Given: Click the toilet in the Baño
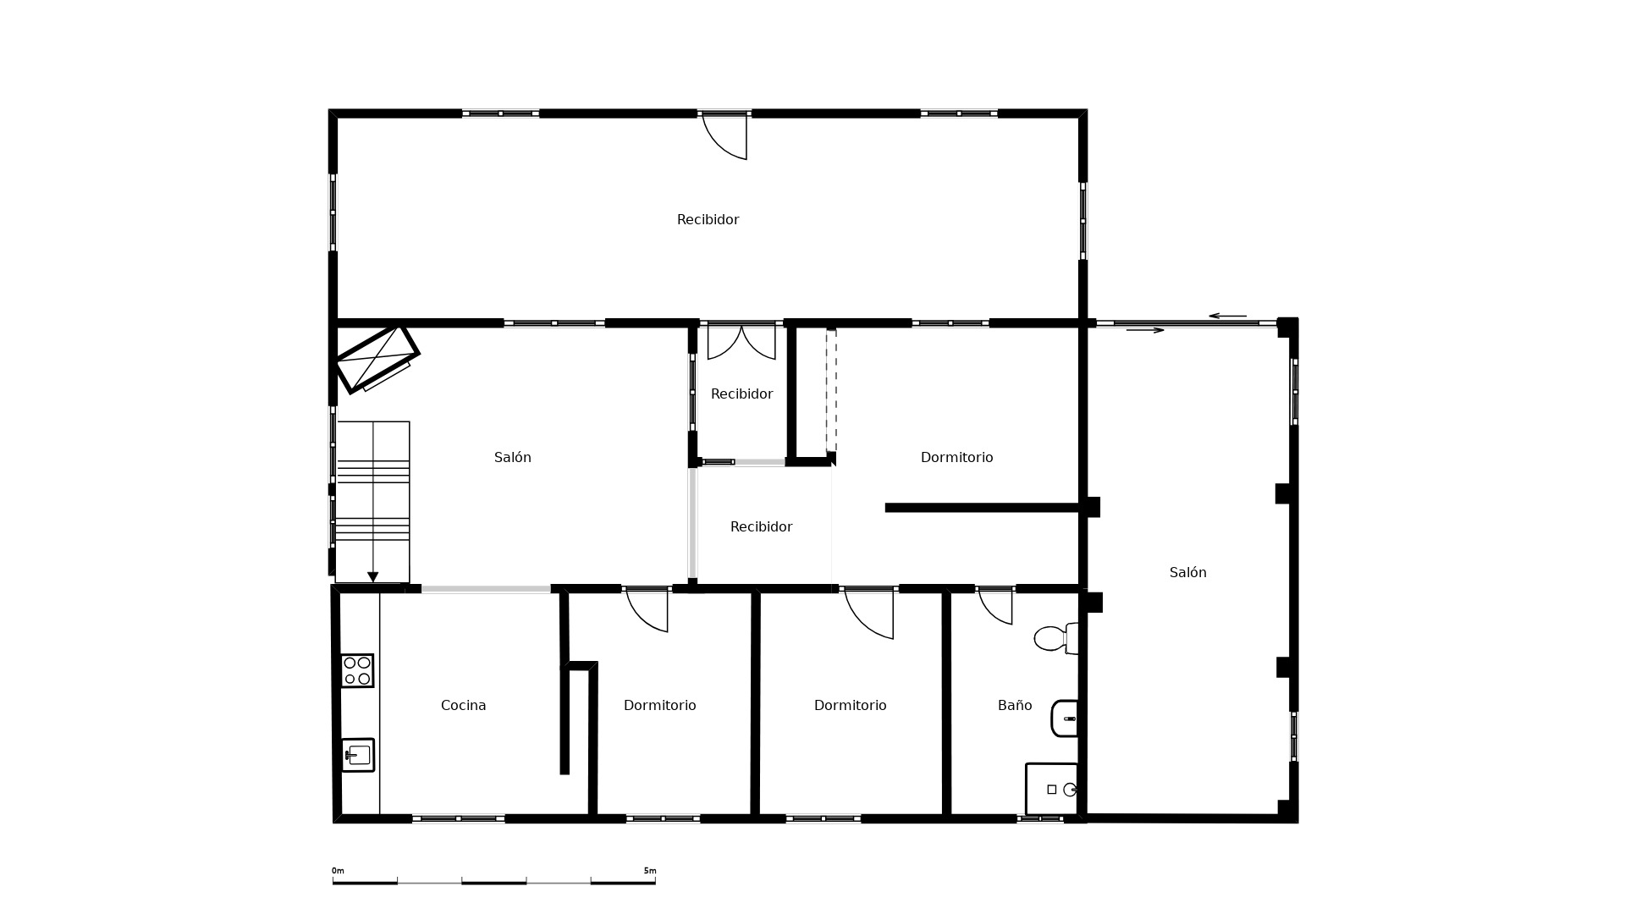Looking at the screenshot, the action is (x=1055, y=638).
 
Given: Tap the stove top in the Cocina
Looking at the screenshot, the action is (x=357, y=670).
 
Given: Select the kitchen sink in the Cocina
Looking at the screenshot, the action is (x=358, y=755).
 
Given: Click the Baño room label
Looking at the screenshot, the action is (x=1015, y=705).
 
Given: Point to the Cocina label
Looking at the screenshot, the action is (x=463, y=705).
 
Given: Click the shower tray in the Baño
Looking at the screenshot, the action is (x=1052, y=789).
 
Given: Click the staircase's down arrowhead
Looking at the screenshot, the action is (x=372, y=577).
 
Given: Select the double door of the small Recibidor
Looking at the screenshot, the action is (x=741, y=342).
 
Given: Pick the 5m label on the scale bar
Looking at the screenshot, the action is (x=650, y=871).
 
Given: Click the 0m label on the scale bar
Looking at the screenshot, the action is (x=338, y=871).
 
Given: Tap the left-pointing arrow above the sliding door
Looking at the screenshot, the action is (x=1227, y=316).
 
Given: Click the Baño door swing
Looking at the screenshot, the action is (x=996, y=607).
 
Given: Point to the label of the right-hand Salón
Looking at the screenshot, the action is (x=1187, y=572).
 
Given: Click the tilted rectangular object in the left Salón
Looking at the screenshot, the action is (x=377, y=358).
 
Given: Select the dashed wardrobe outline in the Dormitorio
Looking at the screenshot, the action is (x=831, y=391).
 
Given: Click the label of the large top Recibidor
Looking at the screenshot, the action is (x=708, y=219).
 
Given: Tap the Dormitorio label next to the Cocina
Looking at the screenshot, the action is (x=659, y=705).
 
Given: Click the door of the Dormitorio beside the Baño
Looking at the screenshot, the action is (x=869, y=614).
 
